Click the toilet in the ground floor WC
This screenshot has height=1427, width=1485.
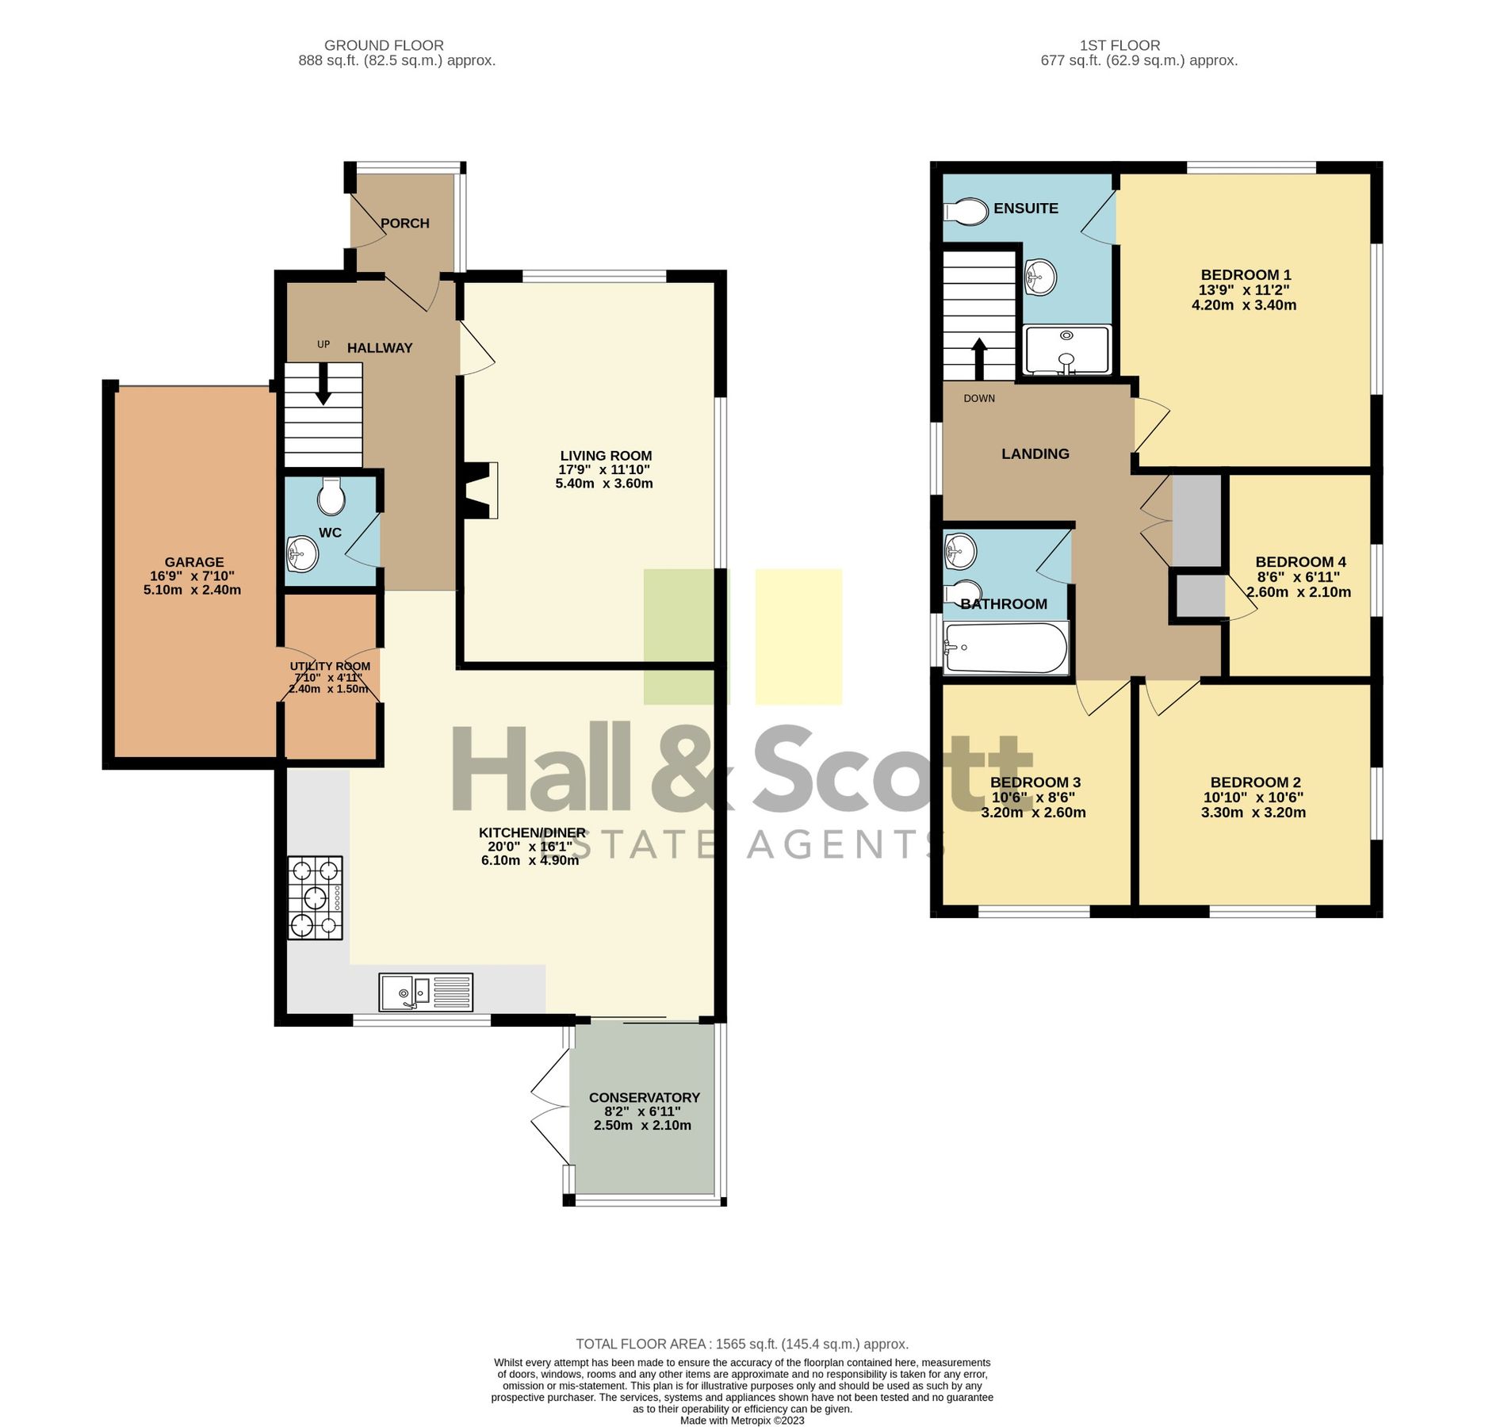331,496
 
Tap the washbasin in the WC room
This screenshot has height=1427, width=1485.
303,554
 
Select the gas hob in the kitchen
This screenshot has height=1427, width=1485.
315,897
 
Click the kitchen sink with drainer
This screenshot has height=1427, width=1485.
426,992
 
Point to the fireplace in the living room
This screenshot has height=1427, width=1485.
479,491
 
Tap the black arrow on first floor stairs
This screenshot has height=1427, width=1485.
979,358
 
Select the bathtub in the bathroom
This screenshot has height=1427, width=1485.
1005,648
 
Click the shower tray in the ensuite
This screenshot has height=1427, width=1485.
1066,350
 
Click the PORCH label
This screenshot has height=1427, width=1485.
405,224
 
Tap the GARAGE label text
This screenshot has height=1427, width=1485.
194,562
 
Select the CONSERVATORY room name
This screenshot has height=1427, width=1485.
644,1097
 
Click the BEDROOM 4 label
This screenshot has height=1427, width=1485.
1300,562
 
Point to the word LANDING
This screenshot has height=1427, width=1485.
1035,453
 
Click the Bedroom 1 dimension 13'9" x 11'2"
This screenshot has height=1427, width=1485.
1243,290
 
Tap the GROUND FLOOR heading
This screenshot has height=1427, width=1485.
384,45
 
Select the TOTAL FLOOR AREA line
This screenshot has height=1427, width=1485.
741,1344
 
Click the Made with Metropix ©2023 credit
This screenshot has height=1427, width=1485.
741,1420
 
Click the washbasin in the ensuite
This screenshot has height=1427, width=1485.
1040,277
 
